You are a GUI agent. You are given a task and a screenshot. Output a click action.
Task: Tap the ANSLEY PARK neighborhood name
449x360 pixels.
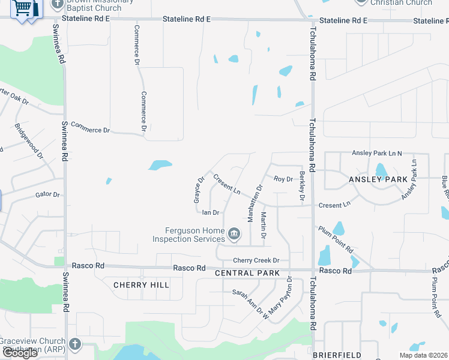click(378, 179)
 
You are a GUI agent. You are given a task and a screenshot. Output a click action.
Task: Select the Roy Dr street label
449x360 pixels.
click(283, 179)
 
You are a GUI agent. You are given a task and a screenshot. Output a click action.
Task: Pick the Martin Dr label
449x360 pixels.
click(264, 224)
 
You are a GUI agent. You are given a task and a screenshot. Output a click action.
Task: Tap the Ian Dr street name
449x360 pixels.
click(211, 212)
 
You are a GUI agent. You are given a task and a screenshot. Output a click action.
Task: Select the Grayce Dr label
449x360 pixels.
click(199, 189)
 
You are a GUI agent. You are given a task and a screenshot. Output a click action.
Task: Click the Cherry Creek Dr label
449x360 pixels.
click(256, 260)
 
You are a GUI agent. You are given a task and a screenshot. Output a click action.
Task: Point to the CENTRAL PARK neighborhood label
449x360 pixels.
click(247, 273)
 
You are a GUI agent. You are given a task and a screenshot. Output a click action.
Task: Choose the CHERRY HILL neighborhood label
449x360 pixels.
click(141, 285)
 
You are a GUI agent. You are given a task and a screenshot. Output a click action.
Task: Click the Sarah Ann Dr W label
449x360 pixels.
click(250, 303)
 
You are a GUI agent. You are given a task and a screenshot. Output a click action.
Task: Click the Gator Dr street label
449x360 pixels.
click(47, 194)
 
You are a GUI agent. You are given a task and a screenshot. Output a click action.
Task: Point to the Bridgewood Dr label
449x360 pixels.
click(29, 141)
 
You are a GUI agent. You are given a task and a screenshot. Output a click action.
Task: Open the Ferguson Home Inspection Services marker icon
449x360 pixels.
click(234, 233)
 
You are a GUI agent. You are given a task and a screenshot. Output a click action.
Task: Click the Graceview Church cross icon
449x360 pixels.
click(74, 344)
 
